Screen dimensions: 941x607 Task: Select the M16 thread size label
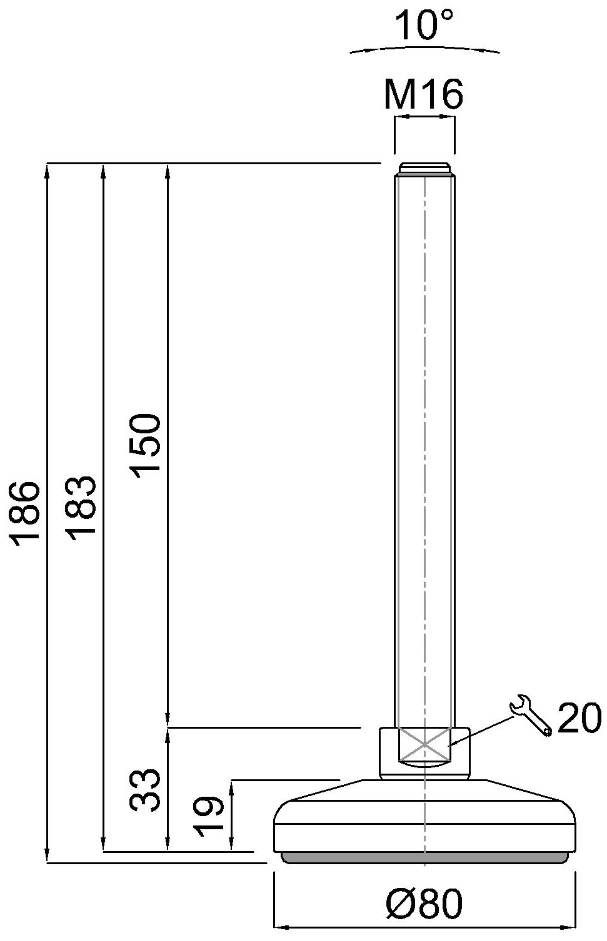[x=423, y=95]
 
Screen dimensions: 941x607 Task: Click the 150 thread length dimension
[x=147, y=444]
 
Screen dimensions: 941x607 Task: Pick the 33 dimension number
[x=146, y=789]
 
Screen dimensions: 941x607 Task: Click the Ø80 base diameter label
[x=424, y=904]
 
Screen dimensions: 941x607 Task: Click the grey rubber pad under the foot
[x=425, y=858]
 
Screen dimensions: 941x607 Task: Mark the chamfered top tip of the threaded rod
[x=424, y=168]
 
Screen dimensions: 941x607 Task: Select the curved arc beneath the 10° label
[x=424, y=47]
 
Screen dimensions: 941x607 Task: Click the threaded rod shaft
[x=424, y=437]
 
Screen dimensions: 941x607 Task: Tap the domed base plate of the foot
[x=425, y=818]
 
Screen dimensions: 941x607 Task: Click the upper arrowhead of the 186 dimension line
[x=47, y=170]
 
